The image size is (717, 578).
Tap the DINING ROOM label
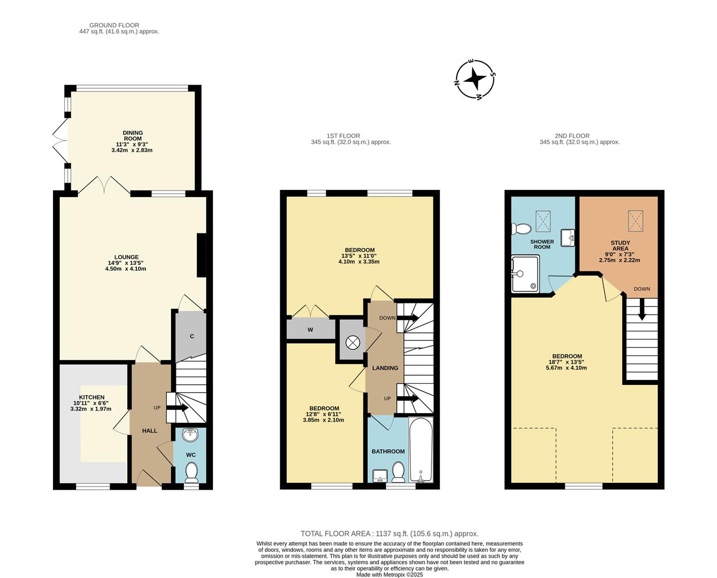coord(133,136)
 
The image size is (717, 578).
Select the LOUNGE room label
coord(126,257)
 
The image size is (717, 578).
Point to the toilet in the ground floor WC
coord(191,473)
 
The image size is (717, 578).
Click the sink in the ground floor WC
coord(190,436)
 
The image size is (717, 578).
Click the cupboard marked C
coord(191,337)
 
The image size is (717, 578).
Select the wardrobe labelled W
coord(310,330)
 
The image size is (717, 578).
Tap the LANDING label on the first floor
coord(385,368)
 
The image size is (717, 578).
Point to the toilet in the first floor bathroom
coord(398,472)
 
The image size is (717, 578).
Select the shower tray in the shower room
coord(525,274)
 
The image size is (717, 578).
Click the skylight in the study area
coord(635,221)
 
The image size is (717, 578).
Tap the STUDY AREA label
coord(620,246)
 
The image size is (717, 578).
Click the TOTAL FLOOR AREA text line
coord(389,534)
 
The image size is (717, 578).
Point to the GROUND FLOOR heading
coord(114,25)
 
